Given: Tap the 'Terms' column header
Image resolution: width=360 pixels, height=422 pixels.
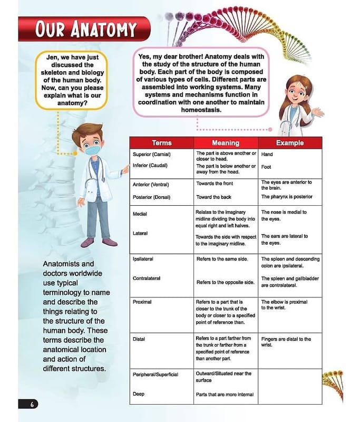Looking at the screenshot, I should point(161,143).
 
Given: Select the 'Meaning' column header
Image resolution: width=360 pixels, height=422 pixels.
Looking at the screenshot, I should point(225,143).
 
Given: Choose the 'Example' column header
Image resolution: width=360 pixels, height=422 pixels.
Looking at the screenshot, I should point(289,143).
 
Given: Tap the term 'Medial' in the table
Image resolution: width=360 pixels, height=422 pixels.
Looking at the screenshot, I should point(140,214).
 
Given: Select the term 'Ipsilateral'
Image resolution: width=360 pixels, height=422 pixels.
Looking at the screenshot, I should point(143,260).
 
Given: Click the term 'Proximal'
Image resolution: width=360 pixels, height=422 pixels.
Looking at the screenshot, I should point(142,302).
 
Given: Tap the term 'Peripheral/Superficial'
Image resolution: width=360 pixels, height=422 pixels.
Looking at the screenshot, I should point(155,375).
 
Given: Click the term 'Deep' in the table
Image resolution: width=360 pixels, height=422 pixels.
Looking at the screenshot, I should point(138,394).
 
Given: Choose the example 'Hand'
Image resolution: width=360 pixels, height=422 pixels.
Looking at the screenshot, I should point(267,155).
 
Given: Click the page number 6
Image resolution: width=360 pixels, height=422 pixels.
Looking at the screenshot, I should point(32,404).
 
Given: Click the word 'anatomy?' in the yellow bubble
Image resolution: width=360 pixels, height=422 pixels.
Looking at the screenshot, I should point(73,103).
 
